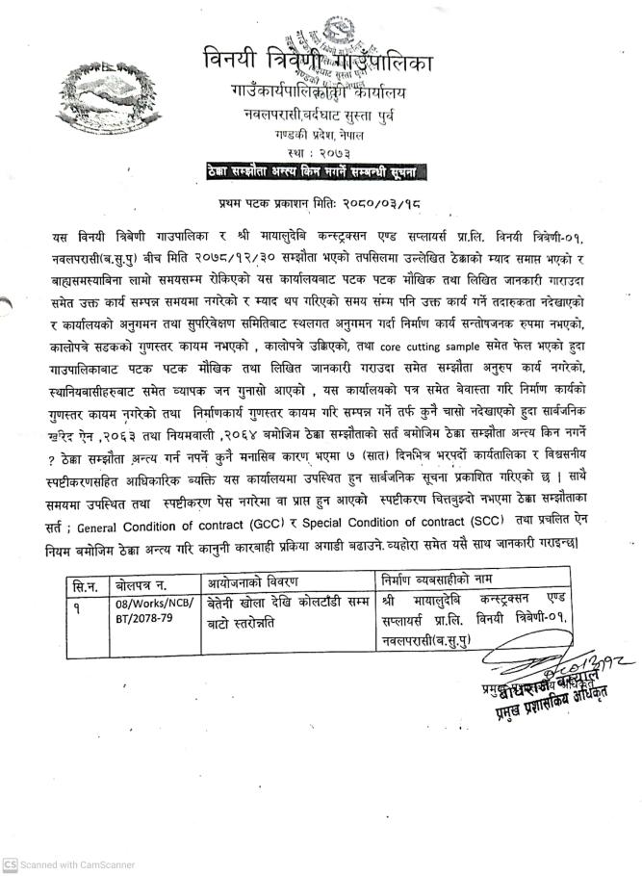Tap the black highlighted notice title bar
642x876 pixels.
[318, 171]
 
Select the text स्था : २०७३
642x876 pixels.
[319, 153]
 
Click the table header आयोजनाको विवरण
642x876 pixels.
[254, 583]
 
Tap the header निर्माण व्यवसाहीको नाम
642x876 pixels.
[441, 583]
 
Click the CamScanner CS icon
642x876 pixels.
[9, 865]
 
